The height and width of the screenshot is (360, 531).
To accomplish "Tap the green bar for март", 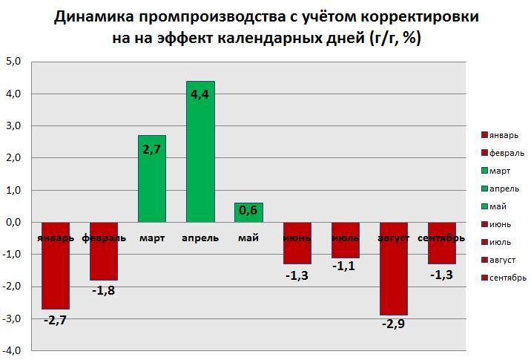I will tap(152, 186).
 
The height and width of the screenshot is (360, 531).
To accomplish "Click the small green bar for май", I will tap(248, 212).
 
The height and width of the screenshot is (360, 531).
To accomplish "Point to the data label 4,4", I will tap(200, 94).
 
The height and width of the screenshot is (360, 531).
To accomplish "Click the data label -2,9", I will tap(394, 324).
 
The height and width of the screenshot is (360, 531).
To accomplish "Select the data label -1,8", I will tap(104, 289).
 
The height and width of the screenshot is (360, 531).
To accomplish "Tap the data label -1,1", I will tap(346, 266).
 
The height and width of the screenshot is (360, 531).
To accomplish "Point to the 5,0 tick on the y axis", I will tap(14, 62).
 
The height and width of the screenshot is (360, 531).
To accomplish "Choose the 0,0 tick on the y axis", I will tap(14, 222).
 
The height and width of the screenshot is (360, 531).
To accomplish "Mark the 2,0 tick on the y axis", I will tap(14, 158).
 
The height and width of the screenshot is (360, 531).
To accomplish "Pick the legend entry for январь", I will tap(504, 135).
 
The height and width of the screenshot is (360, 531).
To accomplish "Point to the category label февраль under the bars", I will tap(104, 238).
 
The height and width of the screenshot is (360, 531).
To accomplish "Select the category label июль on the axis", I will tap(346, 238).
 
